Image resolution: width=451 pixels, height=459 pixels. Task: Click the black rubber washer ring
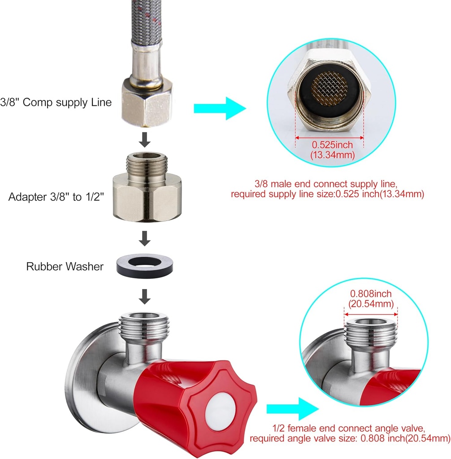145,273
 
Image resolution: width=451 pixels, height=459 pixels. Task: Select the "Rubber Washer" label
65,266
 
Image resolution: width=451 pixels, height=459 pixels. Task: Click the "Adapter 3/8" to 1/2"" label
56,197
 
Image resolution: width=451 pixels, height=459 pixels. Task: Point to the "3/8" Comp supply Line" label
56,102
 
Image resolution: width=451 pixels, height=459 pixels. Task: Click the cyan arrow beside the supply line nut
220,108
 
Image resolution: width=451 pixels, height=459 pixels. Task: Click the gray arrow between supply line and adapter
145,140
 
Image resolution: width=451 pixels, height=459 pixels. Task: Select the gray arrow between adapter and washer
145,238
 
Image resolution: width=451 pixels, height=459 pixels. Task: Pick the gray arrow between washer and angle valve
145,297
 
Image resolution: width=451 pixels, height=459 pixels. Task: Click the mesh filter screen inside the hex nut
330,88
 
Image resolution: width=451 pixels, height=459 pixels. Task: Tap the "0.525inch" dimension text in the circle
332,145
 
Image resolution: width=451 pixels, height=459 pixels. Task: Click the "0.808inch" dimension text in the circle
371,294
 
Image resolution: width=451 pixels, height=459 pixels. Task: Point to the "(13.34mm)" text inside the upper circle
332,155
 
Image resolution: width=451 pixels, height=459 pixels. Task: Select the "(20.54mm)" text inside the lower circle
371,303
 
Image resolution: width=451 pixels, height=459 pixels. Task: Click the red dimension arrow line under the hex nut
330,138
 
